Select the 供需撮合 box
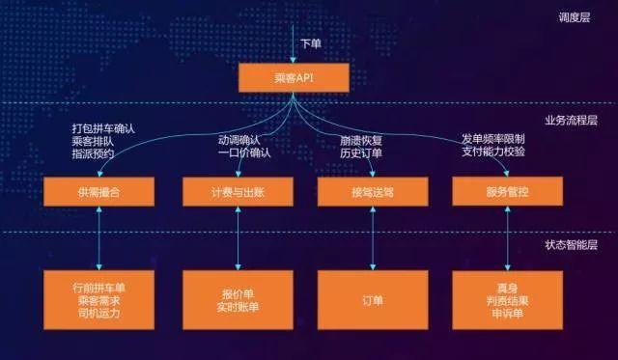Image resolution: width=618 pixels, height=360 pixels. point(99,191)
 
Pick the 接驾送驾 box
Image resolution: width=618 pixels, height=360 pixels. point(372,191)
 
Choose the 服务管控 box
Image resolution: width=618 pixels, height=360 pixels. point(508,191)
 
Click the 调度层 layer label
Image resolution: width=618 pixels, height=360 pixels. point(577,17)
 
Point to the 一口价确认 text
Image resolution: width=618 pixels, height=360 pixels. point(244,152)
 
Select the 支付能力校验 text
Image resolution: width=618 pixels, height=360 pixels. point(492,152)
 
